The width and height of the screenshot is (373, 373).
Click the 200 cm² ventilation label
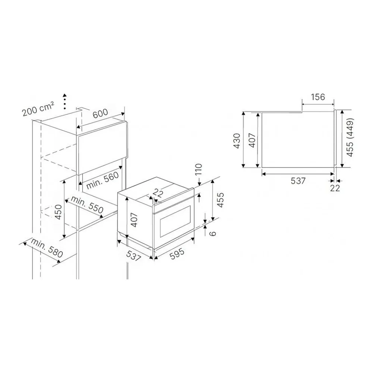(x=38, y=109)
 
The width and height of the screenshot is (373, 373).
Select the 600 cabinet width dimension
(x=100, y=113)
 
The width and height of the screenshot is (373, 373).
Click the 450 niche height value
(x=58, y=212)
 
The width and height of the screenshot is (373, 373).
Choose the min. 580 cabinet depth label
(x=47, y=248)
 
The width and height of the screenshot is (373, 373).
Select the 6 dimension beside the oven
(x=213, y=233)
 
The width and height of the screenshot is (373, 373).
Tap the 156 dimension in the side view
(x=318, y=97)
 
